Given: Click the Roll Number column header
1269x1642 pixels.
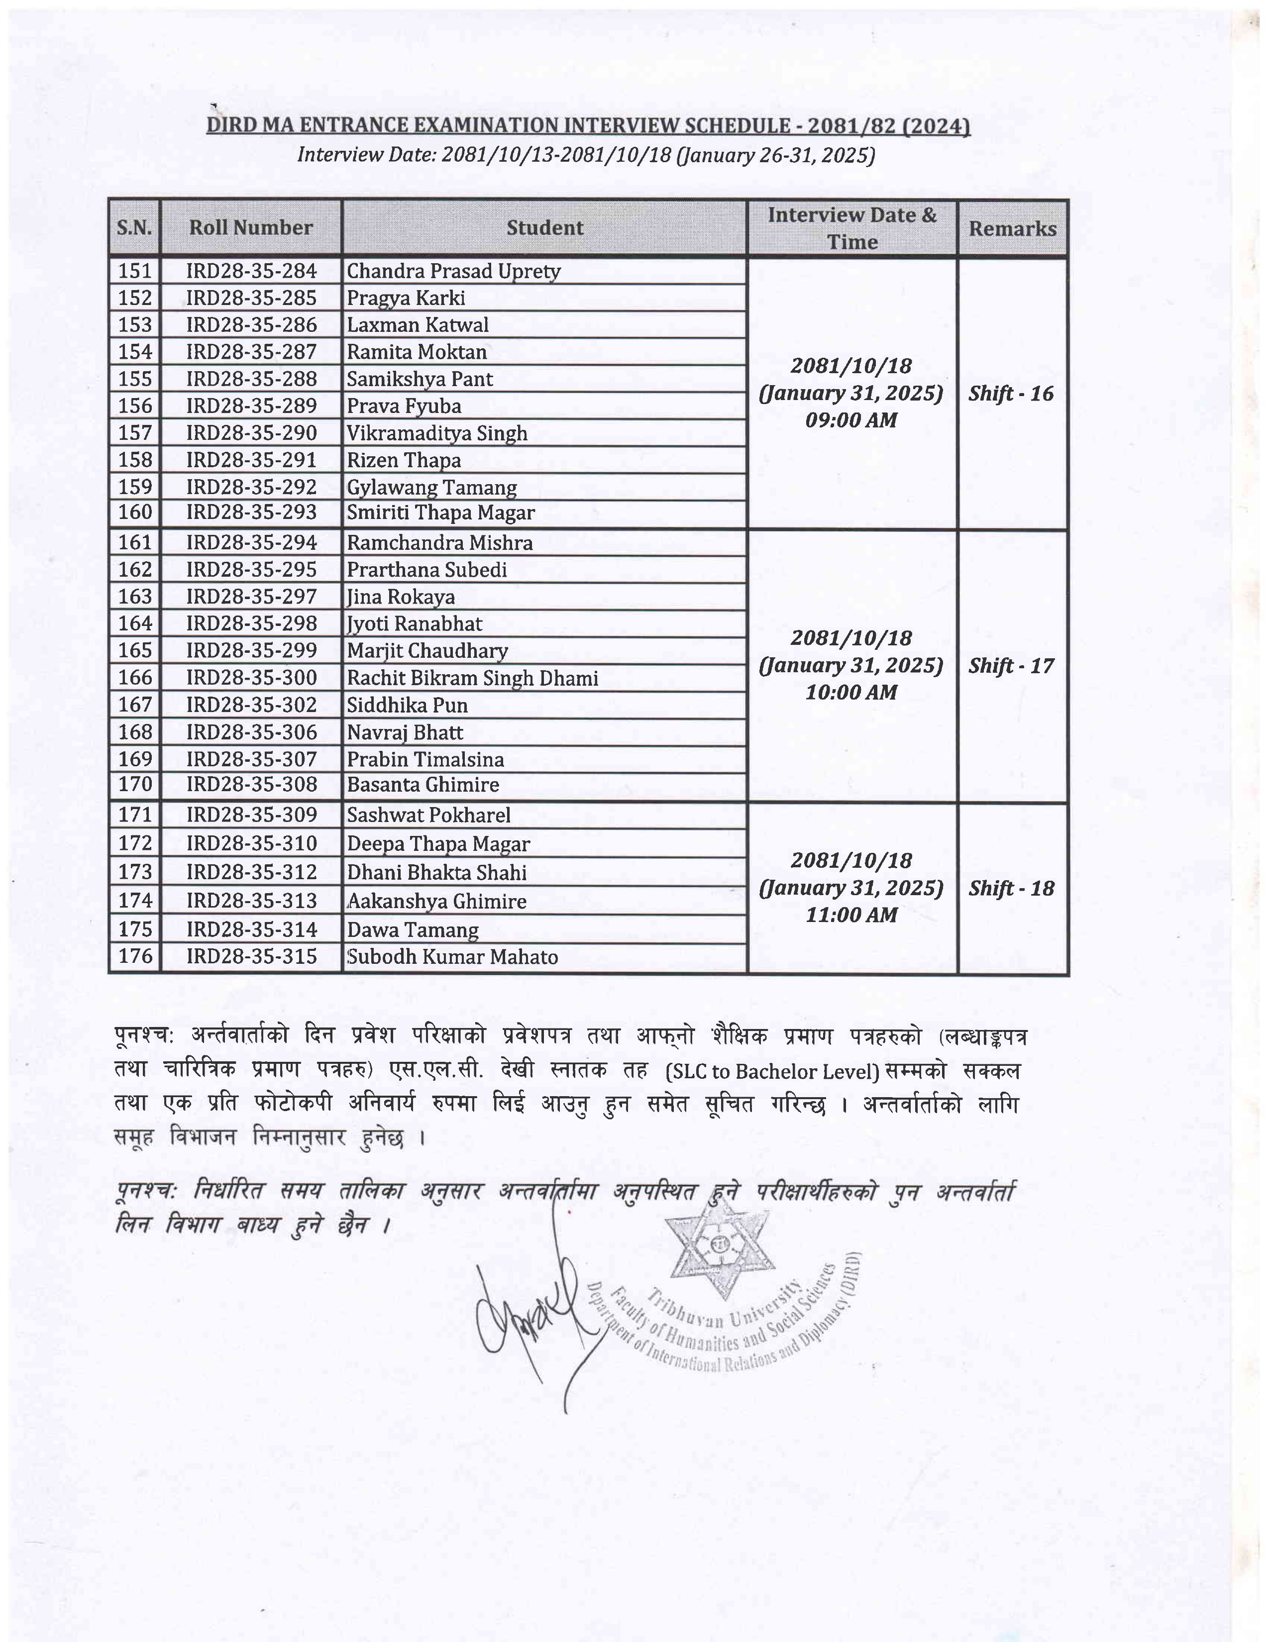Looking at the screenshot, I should click(x=250, y=228).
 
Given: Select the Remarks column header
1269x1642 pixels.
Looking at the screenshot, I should click(x=1012, y=228).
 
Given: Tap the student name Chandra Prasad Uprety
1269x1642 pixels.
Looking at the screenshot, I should click(x=453, y=271).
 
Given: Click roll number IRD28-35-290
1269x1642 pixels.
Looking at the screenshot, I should click(x=251, y=433).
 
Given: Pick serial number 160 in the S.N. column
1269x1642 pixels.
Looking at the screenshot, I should click(x=135, y=513).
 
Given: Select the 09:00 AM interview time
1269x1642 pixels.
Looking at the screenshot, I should click(x=851, y=420).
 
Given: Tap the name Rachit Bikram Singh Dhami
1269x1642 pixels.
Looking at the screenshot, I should click(x=472, y=678).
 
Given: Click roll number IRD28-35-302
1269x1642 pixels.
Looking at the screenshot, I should click(x=251, y=705).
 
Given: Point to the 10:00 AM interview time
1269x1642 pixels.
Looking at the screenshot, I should click(x=851, y=693).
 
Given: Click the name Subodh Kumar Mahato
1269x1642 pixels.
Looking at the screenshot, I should click(x=452, y=957).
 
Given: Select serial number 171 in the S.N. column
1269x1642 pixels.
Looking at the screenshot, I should click(x=135, y=815).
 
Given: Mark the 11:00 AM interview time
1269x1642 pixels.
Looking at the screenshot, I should click(x=851, y=915).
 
